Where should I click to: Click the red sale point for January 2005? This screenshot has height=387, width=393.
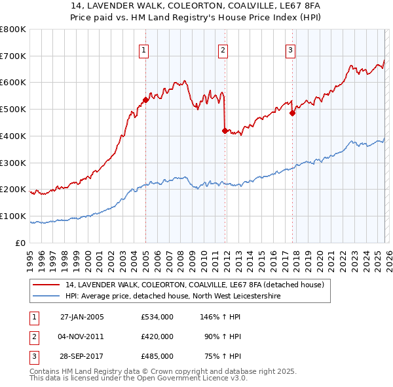click(145, 100)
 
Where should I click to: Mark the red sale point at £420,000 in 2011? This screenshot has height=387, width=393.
click(225, 131)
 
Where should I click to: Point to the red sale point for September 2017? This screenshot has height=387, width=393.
click(292, 113)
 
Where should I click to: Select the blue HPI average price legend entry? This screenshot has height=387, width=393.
click(172, 296)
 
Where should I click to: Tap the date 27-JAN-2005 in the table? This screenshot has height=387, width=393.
click(82, 317)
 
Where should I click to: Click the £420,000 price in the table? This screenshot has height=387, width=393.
click(157, 336)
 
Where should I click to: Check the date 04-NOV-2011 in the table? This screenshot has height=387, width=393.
click(82, 336)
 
